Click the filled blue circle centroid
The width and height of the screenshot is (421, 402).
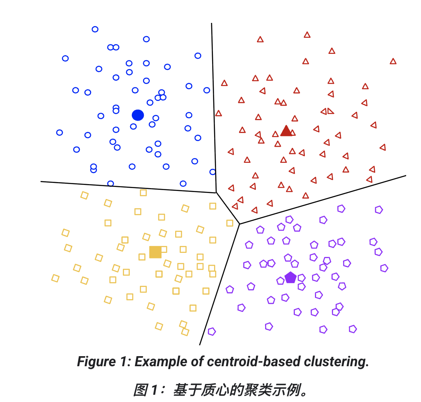(138, 115)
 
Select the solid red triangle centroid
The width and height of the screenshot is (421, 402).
(286, 131)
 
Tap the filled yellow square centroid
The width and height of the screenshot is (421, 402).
(155, 252)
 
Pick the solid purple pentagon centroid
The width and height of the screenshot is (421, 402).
(290, 277)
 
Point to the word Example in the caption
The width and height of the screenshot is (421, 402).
(157, 362)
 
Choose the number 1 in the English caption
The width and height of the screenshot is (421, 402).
(123, 362)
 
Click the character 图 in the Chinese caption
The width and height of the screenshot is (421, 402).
(140, 390)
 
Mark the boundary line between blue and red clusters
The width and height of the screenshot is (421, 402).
(214, 109)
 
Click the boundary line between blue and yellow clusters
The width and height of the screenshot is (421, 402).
(129, 187)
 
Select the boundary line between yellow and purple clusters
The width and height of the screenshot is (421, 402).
(220, 283)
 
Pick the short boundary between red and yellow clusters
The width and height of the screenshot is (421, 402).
(228, 208)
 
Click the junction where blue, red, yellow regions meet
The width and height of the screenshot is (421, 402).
(216, 193)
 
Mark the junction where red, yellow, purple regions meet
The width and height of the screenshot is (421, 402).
(239, 224)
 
